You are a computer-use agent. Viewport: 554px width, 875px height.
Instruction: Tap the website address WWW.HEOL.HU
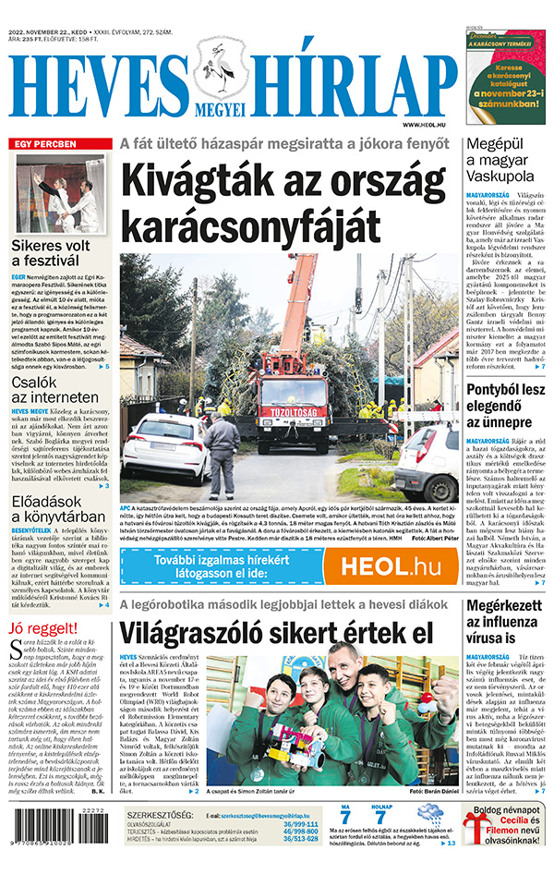(x=427, y=124)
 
